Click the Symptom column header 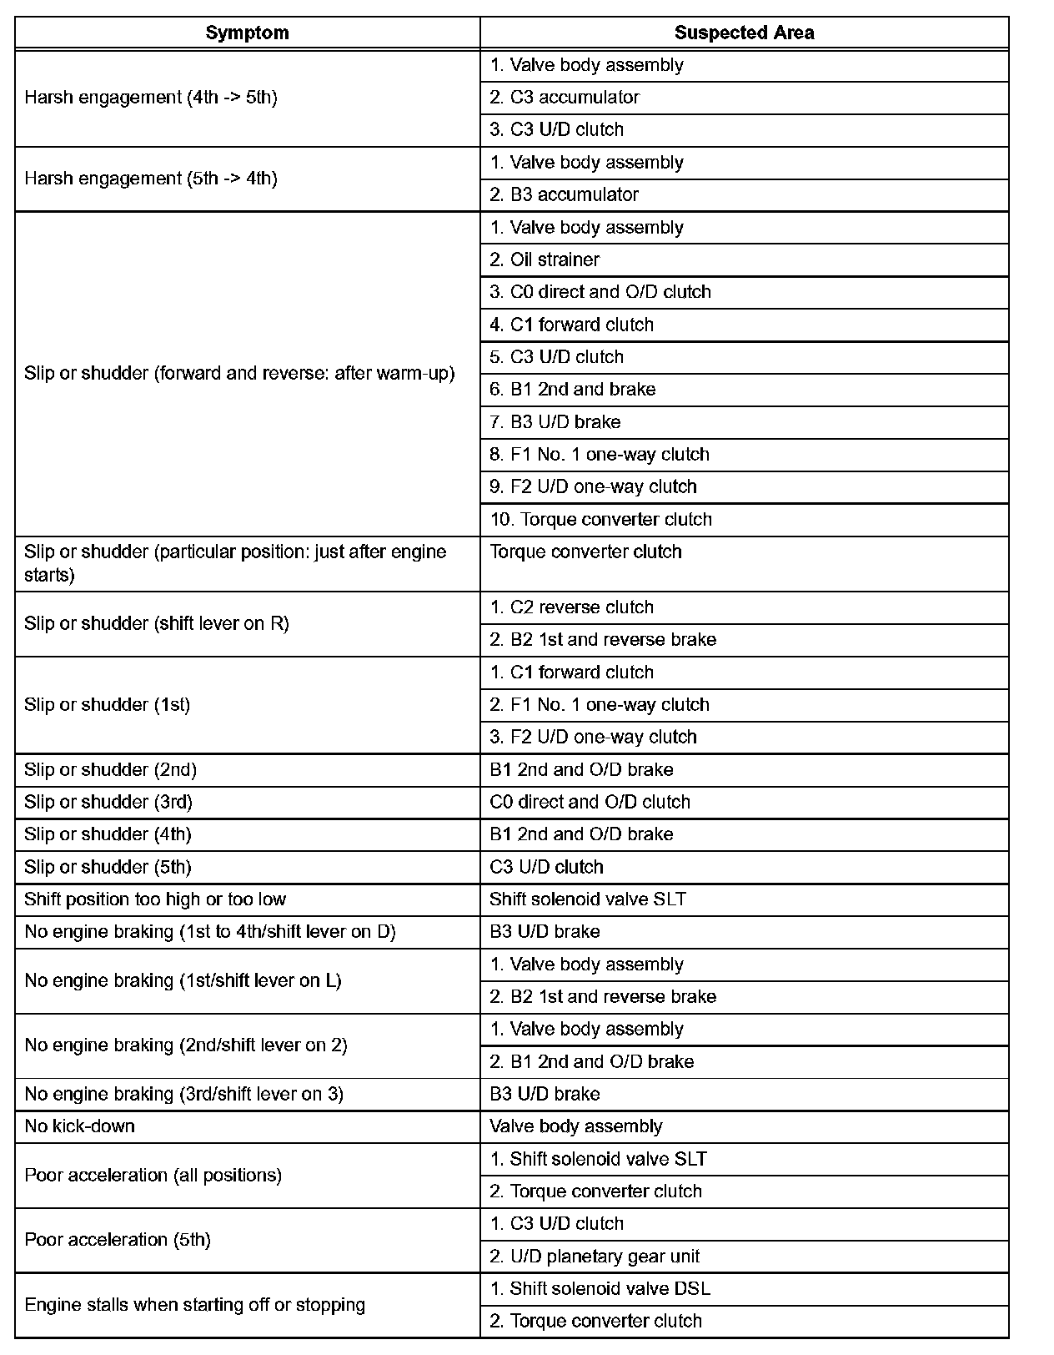247,33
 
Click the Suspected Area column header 744,33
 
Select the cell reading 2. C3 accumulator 565,98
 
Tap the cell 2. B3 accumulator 565,195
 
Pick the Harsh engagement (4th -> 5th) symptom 151,98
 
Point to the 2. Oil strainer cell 545,260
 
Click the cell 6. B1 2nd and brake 573,390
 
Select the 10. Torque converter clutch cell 601,520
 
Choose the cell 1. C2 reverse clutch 572,607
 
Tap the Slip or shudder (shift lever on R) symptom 157,624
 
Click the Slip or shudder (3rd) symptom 108,803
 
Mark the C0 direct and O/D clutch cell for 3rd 590,803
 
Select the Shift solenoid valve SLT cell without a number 588,899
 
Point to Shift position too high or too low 155,899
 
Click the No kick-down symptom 80,1126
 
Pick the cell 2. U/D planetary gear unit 595,1257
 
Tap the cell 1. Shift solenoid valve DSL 600,1289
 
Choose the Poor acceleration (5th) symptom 118,1240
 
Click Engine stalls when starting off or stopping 195,1305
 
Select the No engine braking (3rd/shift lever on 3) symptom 184,1094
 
